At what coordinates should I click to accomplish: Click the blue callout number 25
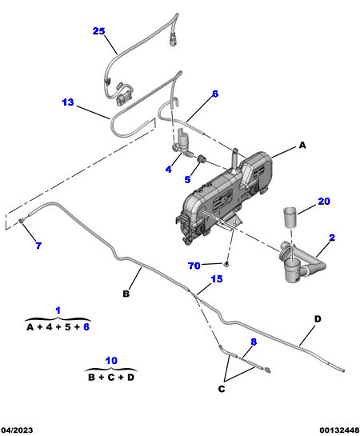[98, 31]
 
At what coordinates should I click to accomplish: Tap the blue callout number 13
[68, 102]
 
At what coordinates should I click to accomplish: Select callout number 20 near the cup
[324, 201]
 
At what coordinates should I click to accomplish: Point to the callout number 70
[194, 266]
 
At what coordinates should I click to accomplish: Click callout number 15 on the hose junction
[217, 278]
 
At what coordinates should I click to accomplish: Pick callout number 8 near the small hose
[254, 342]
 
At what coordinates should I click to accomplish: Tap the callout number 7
[38, 246]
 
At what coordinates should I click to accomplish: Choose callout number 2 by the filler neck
[332, 238]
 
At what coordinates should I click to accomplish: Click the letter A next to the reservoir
[302, 145]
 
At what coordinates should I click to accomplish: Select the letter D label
[318, 318]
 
